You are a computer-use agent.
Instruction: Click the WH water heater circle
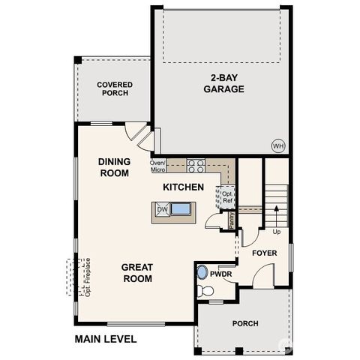tap(277, 145)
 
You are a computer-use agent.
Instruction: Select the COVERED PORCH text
tap(115, 90)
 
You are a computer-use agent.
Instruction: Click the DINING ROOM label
tap(114, 166)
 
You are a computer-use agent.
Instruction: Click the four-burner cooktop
tap(196, 166)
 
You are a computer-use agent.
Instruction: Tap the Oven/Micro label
tap(157, 166)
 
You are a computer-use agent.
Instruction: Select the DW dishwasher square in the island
tap(163, 211)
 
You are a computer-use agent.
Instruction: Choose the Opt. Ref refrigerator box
tap(225, 196)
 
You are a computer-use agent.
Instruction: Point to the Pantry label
tap(232, 219)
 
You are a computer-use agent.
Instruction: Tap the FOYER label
tap(263, 253)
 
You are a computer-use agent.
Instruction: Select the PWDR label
tap(220, 274)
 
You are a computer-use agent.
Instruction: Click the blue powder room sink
tap(202, 273)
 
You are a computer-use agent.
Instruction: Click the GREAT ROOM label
tap(138, 273)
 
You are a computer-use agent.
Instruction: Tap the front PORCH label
tap(245, 323)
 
